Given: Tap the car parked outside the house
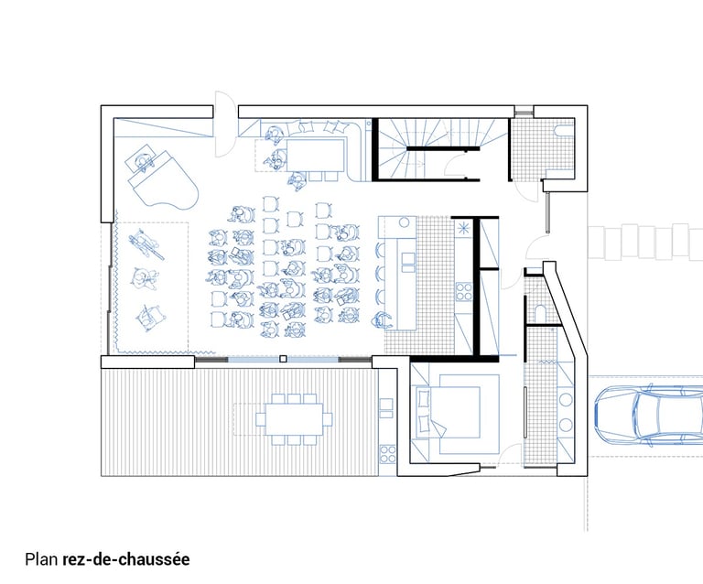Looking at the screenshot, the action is coord(649,415).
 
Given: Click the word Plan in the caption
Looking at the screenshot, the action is coord(41,559).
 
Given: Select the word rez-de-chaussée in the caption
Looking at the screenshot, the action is coord(126,559).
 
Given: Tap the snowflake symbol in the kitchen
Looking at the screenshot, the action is coord(461,228).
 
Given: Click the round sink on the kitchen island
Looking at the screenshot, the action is coord(405,222).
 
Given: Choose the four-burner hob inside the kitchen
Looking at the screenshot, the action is coord(464,291).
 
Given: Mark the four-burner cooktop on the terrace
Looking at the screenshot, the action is coord(388,454).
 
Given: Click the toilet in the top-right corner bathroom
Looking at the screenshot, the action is coord(565,130).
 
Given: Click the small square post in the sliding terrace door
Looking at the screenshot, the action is coord(283,359).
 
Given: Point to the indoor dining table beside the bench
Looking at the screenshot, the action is coord(315,155).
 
